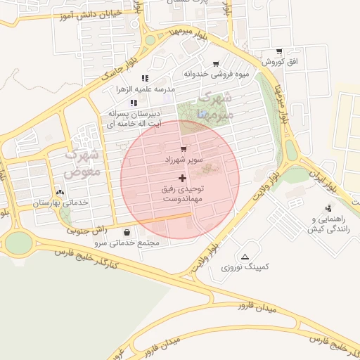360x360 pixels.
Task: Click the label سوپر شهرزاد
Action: pyautogui.click(x=184, y=160)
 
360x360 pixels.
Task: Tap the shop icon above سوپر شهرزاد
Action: pyautogui.click(x=184, y=149)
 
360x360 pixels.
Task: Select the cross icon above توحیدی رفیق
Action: pyautogui.click(x=183, y=178)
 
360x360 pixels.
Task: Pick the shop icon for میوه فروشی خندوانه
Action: pyautogui.click(x=225, y=63)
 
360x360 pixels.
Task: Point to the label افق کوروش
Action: pyautogui.click(x=281, y=63)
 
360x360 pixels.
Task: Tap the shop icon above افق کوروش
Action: pyautogui.click(x=280, y=51)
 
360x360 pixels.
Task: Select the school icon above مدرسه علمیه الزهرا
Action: pyautogui.click(x=145, y=78)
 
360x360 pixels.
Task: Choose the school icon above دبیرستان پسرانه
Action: pyautogui.click(x=133, y=103)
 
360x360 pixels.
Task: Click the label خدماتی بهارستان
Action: pyautogui.click(x=59, y=202)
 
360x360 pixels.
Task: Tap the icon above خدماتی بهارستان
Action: pyautogui.click(x=59, y=191)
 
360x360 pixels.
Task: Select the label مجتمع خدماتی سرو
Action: pyautogui.click(x=130, y=243)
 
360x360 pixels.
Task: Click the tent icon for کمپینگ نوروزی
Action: pyautogui.click(x=245, y=257)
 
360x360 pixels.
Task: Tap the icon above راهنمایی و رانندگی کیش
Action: pyautogui.click(x=328, y=207)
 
